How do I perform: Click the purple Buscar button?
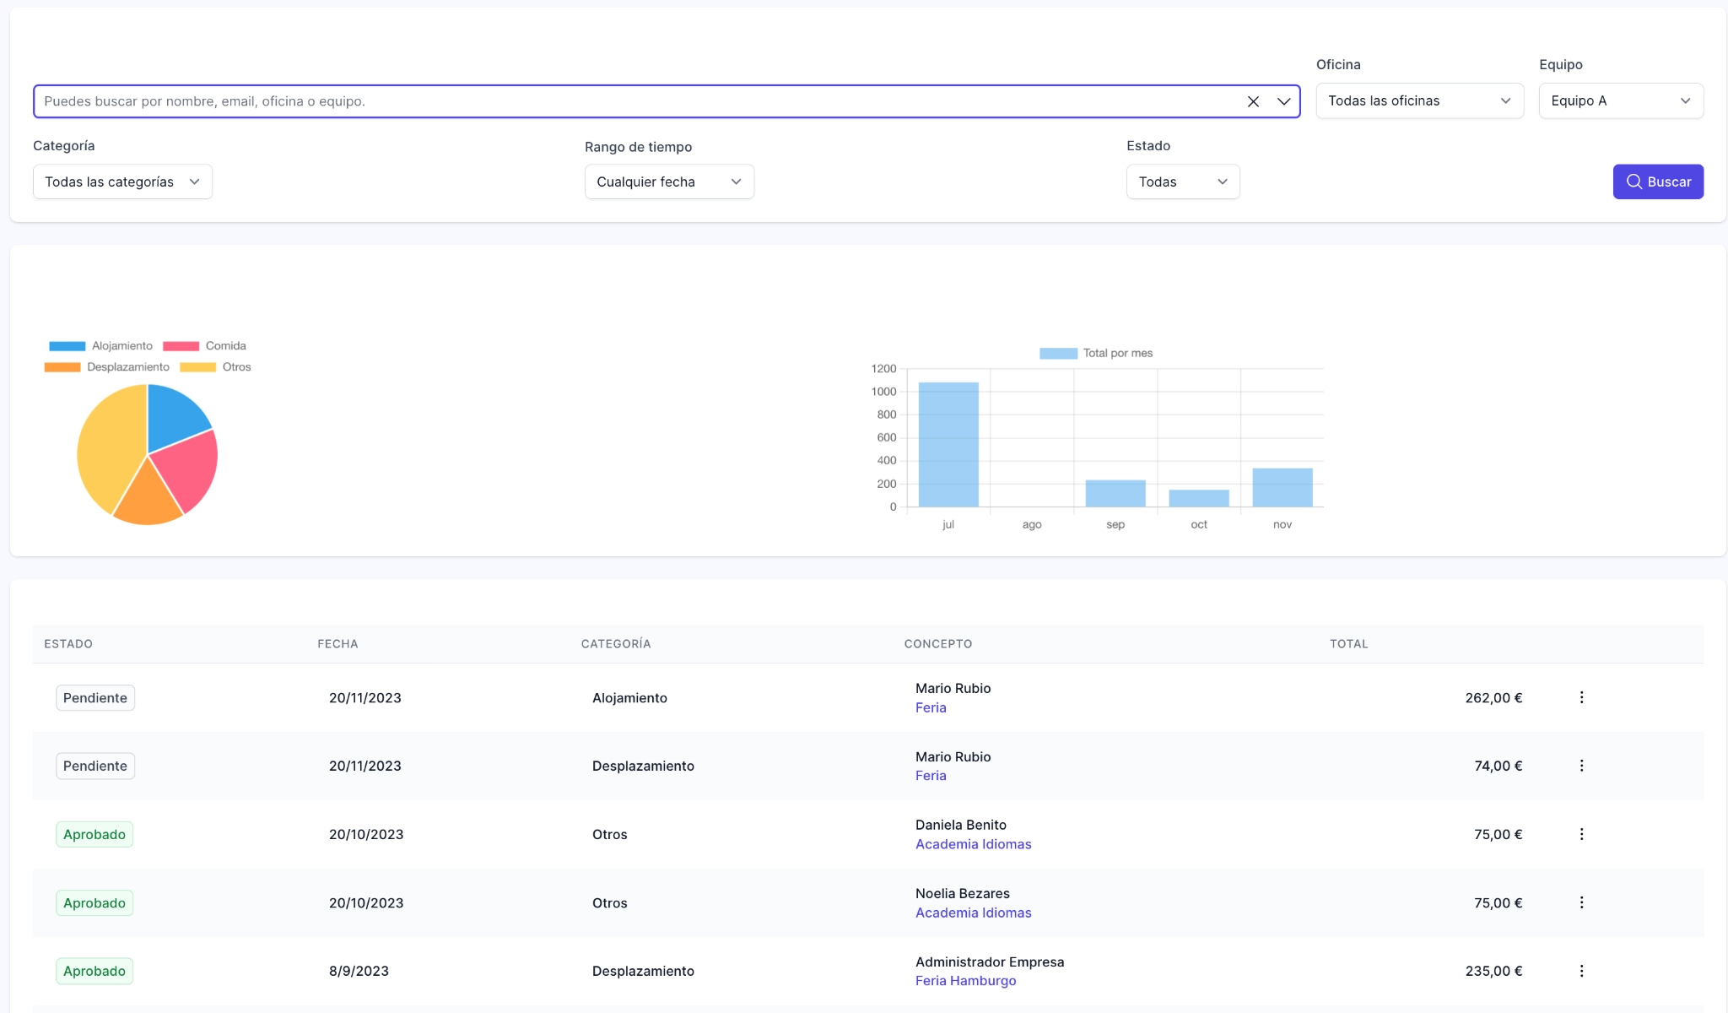coord(1657,181)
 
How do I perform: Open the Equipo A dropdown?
coord(1620,100)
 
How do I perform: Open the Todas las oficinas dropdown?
coord(1419,100)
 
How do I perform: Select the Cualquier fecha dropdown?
coord(668,181)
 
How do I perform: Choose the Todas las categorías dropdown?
coord(122,181)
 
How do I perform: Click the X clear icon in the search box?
coord(1253,101)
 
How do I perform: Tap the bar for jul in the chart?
coord(948,445)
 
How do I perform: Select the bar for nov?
coord(1282,488)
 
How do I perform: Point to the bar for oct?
coord(1198,498)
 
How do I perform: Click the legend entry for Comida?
coord(204,346)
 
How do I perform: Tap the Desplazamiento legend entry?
coord(107,367)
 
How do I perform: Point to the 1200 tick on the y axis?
coord(883,369)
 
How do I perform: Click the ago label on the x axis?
coord(1031,524)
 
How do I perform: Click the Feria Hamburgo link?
coord(965,981)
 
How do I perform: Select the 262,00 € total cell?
coord(1493,698)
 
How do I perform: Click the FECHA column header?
coord(337,644)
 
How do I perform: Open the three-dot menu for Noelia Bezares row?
coord(1581,902)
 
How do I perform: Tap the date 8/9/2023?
coord(359,971)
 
